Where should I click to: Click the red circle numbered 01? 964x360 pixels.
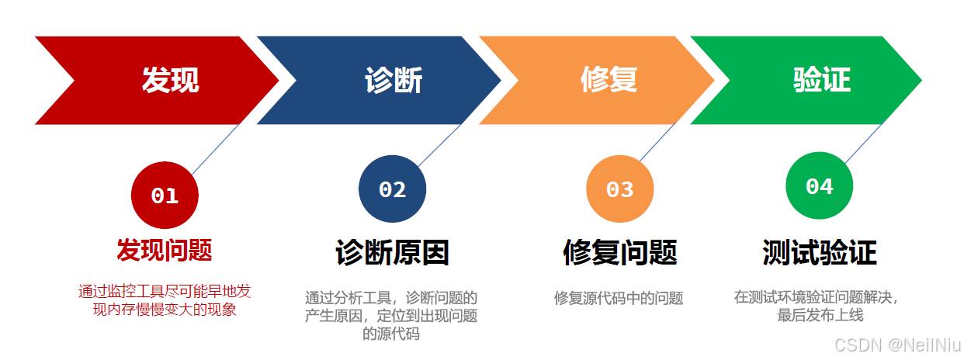tap(165, 196)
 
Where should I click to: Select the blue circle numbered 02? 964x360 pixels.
tap(392, 189)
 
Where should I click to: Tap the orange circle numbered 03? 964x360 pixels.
tap(619, 189)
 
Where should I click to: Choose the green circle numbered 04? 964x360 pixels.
tap(820, 185)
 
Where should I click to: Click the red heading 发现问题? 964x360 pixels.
tap(165, 250)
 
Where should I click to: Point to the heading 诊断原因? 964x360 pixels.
tap(392, 252)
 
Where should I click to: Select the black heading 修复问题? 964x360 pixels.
tap(619, 252)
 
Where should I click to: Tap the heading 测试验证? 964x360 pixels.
tap(820, 252)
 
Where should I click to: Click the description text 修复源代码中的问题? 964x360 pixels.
tap(619, 298)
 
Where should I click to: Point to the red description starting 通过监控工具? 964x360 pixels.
tap(165, 300)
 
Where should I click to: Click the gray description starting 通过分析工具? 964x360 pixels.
tap(391, 316)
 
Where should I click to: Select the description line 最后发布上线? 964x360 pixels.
tap(820, 315)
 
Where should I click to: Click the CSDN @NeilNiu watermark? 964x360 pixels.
tap(897, 345)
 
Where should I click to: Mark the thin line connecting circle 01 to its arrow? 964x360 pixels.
tap(216, 149)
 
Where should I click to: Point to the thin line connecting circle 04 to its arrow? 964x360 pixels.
tap(865, 144)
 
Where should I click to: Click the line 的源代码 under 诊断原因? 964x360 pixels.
tap(391, 334)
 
